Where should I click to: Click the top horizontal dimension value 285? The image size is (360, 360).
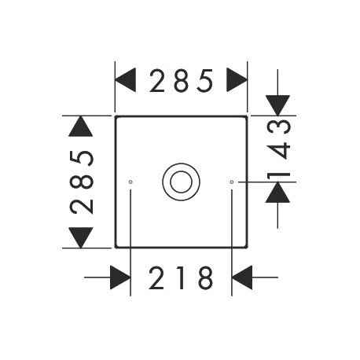coord(181,81)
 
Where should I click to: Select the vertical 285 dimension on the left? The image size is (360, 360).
coord(82,182)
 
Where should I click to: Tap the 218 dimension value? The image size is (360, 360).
coord(181,277)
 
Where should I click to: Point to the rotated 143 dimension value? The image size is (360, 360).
coord(278,149)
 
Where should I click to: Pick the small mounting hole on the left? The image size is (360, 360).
coord(130,182)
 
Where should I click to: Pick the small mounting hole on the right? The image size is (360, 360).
coord(232,182)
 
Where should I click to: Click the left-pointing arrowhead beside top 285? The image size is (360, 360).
coord(126,80)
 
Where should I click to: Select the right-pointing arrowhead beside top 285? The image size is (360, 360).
coord(237,80)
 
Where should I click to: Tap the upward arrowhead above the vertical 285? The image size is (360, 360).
coord(81,126)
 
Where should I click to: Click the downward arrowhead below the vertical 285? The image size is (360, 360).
coord(81,237)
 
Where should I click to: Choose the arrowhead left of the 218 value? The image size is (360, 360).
coord(120,277)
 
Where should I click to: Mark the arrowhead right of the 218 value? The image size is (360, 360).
coord(242,277)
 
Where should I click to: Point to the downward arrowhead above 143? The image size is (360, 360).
coord(277,105)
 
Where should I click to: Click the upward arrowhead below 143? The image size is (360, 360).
coord(277,193)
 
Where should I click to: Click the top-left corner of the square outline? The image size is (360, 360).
coord(116,116)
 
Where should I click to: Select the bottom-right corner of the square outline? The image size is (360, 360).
coord(247,247)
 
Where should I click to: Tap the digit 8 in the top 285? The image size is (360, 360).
coord(182,81)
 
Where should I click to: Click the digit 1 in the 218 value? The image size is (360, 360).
coord(181,277)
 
